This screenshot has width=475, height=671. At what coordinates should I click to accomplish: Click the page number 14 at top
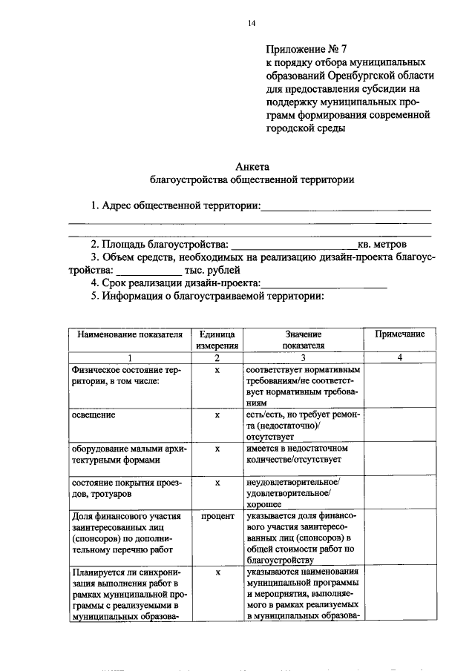[x=251, y=24]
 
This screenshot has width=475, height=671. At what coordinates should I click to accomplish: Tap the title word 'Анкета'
[x=251, y=166]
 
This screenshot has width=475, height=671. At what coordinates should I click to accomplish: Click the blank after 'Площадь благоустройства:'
[x=295, y=245]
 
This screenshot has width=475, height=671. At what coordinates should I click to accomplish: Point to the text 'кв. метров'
[x=382, y=245]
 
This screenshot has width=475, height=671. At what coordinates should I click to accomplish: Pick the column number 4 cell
[x=399, y=358]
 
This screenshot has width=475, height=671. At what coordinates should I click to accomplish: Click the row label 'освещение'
[x=94, y=415]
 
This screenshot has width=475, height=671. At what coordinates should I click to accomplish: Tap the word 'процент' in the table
[x=217, y=515]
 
